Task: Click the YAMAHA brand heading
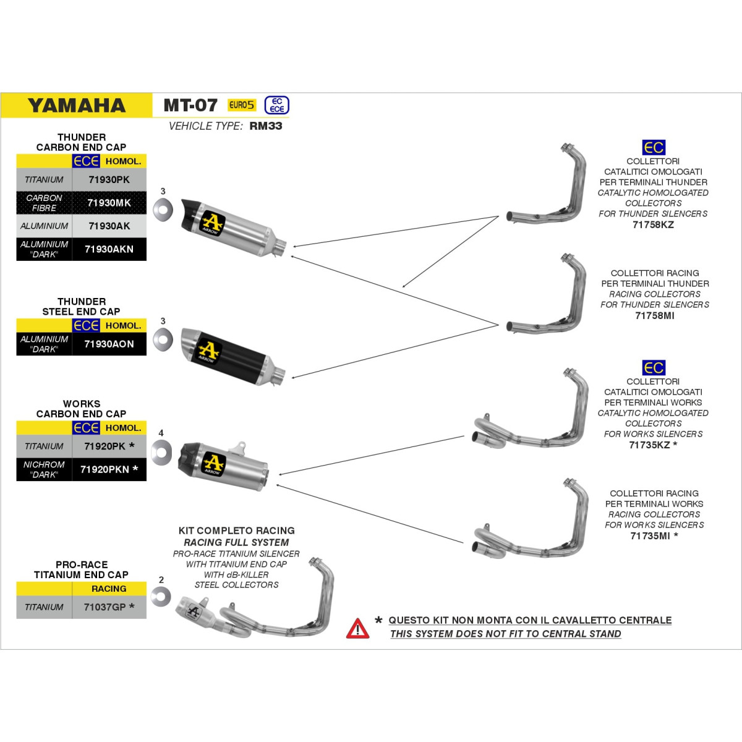77,105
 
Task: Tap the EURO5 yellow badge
242,104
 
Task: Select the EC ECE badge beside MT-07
277,105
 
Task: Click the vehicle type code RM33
266,126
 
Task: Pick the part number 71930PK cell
109,179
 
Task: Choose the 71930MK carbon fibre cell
109,203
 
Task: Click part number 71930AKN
109,249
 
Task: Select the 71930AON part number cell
109,344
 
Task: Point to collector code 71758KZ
653,224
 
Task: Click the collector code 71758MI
655,315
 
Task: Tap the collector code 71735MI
650,535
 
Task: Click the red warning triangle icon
358,629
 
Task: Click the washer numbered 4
161,453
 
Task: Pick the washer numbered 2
161,597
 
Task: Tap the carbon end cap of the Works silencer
189,459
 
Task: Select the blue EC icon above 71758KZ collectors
654,148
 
